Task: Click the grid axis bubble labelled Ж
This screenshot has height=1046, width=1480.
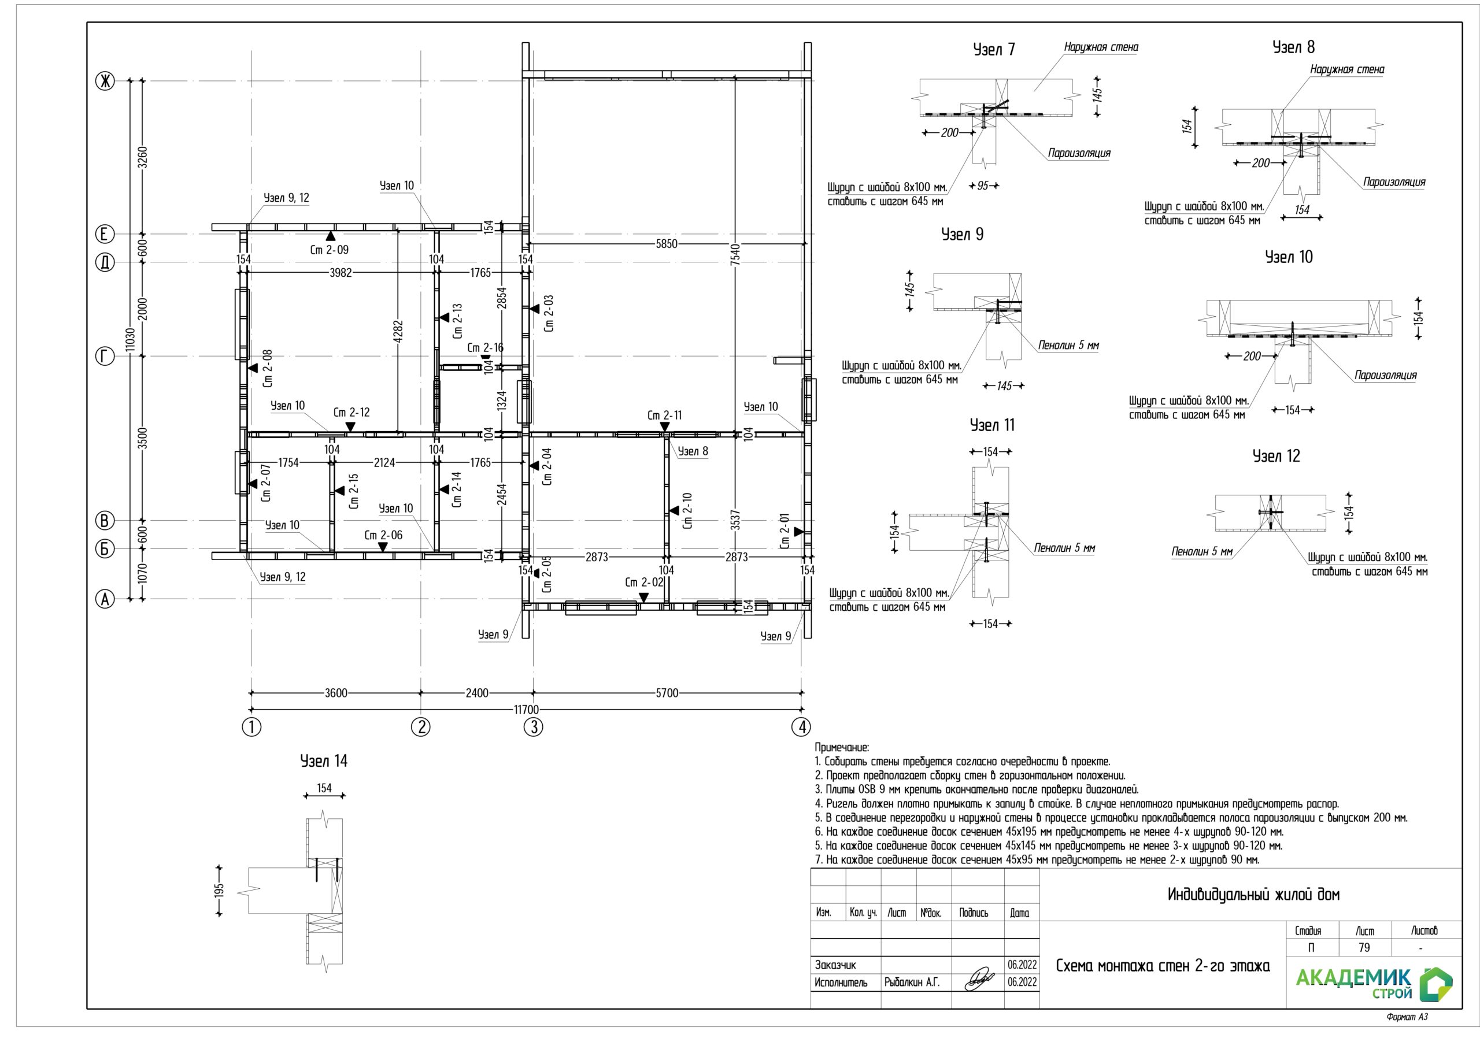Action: pos(105,81)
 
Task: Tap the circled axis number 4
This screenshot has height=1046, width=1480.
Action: pos(801,727)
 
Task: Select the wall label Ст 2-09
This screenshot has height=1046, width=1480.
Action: pos(329,250)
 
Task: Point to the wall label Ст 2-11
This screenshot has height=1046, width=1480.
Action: pos(665,416)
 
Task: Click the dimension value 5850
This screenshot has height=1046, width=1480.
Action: pos(667,244)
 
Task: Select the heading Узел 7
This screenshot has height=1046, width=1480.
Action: pos(993,50)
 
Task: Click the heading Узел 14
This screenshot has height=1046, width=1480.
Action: pos(324,761)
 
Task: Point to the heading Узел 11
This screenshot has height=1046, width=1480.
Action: pos(992,425)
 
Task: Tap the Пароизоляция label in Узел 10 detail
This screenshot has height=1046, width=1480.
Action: pos(1385,375)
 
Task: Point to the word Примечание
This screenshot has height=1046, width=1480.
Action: pos(842,748)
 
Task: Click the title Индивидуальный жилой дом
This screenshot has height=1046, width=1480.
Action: pos(1253,895)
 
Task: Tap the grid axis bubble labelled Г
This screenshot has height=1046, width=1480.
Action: pos(105,357)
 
